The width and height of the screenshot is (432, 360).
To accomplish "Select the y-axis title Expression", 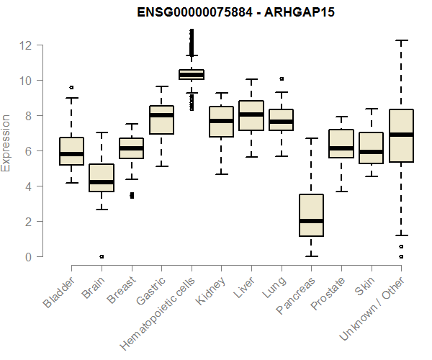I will [6, 142].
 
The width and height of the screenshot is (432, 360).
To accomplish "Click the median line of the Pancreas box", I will [312, 221].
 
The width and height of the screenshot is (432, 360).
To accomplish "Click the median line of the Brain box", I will [102, 182].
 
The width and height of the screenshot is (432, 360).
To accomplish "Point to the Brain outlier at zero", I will [102, 256].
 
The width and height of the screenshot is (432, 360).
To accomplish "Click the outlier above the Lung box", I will [282, 78].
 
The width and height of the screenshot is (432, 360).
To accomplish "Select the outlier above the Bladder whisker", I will [71, 87].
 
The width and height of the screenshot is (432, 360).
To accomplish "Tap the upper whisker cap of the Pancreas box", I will [312, 138].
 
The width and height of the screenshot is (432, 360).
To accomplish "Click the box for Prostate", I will [341, 143].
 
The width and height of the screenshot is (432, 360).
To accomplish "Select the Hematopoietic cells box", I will [192, 74].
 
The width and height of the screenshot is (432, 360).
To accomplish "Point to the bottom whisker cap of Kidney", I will [221, 174].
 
